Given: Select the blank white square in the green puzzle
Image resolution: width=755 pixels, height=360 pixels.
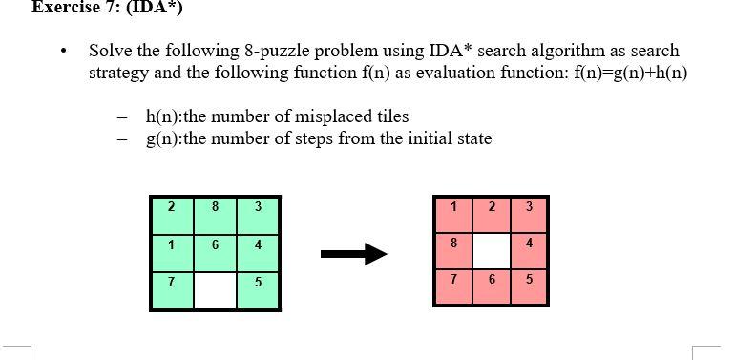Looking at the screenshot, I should point(216,290).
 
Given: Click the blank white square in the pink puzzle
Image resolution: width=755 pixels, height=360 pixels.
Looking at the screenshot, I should point(492,250).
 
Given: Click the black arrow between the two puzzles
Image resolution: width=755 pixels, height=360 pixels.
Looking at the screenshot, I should point(353,253).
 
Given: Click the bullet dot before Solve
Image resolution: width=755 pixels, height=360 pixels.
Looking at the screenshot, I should point(63,51).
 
